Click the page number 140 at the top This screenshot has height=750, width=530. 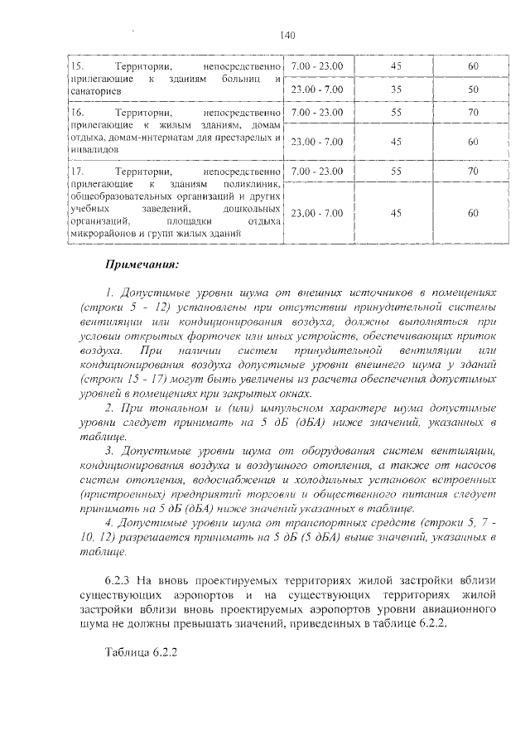tap(288, 35)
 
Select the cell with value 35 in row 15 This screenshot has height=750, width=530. tap(396, 89)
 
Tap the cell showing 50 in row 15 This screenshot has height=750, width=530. tap(473, 89)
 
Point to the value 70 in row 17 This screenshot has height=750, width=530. tap(473, 172)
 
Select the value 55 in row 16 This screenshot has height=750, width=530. tap(396, 111)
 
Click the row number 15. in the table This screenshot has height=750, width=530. tap(76, 65)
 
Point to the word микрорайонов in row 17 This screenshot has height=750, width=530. tap(105, 234)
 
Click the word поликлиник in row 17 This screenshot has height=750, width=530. tap(254, 183)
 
